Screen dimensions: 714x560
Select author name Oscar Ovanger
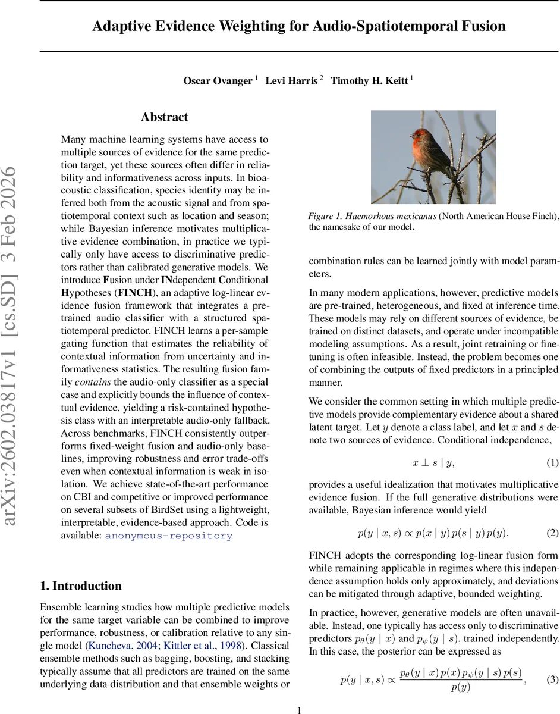(x=218, y=81)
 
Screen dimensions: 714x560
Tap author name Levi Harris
(x=291, y=81)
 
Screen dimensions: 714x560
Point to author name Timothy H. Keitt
(x=369, y=81)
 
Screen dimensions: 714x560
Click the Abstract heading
(x=165, y=117)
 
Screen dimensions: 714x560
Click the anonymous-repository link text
(x=169, y=535)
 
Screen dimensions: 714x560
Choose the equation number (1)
(x=552, y=462)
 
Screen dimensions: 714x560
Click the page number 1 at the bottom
(x=299, y=709)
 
